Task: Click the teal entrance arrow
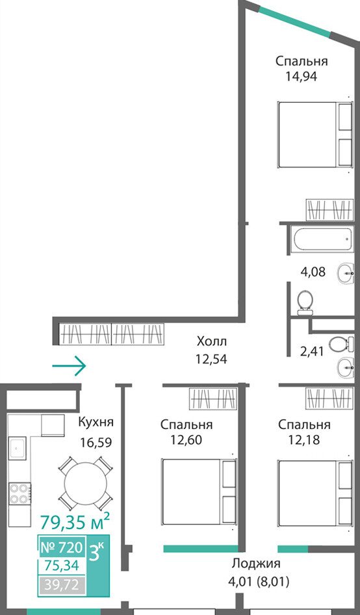(69, 365)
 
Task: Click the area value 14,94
(301, 75)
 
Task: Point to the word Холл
(212, 341)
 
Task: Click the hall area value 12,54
(211, 359)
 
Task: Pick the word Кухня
(96, 422)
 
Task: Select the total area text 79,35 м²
(75, 523)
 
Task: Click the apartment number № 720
(61, 547)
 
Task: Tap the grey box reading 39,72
(62, 586)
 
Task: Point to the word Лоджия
(256, 564)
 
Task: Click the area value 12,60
(186, 440)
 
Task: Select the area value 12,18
(304, 440)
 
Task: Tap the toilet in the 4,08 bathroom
(305, 303)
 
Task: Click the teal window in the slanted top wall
(294, 22)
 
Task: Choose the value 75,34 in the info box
(62, 565)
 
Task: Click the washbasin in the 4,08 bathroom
(346, 273)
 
